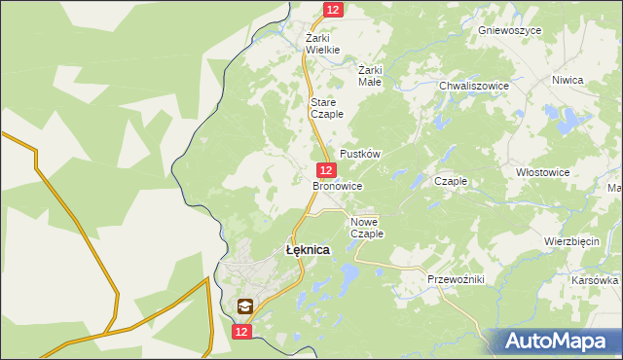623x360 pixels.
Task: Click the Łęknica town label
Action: click(x=307, y=250)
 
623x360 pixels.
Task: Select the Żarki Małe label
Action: click(x=370, y=76)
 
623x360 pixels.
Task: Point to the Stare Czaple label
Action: click(x=322, y=108)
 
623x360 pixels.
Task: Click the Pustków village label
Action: click(x=359, y=155)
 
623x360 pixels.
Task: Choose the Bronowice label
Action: click(x=337, y=185)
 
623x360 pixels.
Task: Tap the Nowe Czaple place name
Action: click(x=367, y=228)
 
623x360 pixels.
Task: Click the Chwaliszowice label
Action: click(x=474, y=86)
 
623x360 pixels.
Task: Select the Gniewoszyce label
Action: click(x=510, y=30)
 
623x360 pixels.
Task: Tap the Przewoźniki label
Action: click(x=456, y=279)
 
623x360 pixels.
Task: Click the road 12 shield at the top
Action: click(x=333, y=10)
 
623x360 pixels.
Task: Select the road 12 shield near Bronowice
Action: click(x=327, y=169)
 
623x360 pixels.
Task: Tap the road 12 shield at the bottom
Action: click(x=242, y=332)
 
